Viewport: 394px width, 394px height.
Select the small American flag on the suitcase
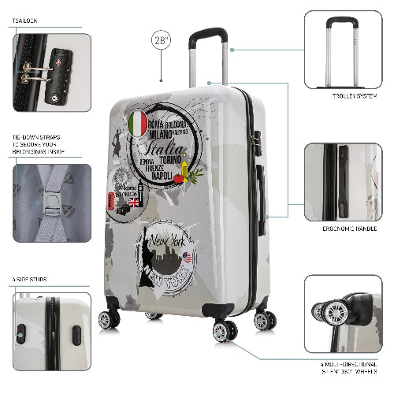(187, 257)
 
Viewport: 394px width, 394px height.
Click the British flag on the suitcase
(133, 202)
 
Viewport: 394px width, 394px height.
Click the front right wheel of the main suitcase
(224, 329)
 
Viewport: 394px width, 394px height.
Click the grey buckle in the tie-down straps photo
(49, 208)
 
